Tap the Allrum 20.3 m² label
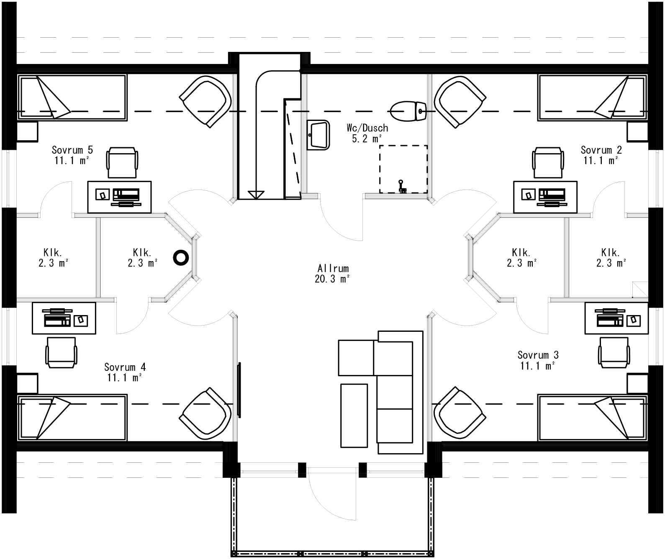pos(333,274)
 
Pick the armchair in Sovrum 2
pos(460,101)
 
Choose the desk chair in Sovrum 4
pos(62,352)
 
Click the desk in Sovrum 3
pos(616,318)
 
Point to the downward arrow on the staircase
pos(256,194)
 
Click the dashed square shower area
pos(403,169)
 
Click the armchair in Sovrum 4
pos(206,414)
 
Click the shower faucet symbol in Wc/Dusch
pos(402,186)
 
